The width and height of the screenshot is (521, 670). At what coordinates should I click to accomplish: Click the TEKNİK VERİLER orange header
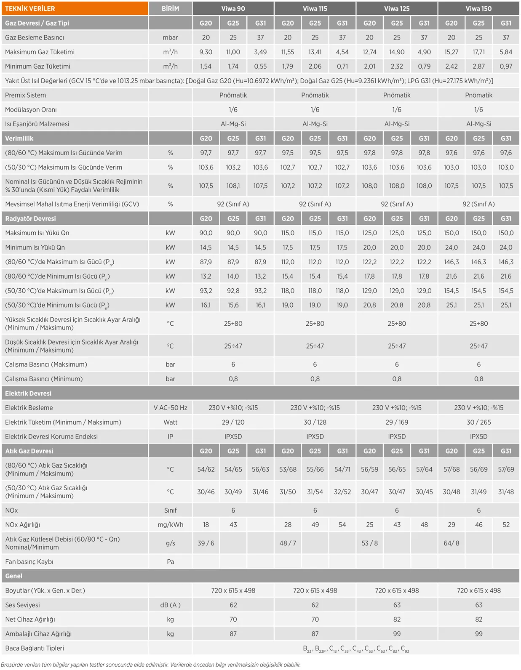tap(30, 8)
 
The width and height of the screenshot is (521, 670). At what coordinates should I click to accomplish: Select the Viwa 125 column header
tap(396, 8)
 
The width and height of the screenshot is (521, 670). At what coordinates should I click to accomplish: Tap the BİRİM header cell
tap(170, 8)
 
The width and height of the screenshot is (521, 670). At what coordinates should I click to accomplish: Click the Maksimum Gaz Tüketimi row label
tap(40, 52)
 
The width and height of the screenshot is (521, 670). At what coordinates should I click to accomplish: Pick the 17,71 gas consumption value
tap(478, 52)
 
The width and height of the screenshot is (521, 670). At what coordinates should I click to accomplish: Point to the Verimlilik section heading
tap(19, 138)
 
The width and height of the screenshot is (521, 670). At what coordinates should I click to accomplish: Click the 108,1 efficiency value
tap(233, 186)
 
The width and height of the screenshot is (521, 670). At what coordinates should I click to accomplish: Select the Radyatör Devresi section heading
tap(30, 219)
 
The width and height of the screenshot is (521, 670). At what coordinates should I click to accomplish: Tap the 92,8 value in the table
tap(233, 291)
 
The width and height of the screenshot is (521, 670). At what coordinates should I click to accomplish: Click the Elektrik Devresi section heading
tap(28, 393)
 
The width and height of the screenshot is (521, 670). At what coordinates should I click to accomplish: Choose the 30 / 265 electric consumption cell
tap(478, 422)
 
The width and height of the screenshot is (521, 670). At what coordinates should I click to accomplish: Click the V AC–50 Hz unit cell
tap(170, 408)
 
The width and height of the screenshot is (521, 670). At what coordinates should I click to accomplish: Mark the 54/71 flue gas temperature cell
tap(342, 469)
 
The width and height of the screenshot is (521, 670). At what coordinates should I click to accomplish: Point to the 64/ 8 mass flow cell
tap(451, 543)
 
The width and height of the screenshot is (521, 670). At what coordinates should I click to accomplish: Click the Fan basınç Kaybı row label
tap(29, 562)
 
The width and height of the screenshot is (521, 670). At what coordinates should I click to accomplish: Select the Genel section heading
tap(14, 576)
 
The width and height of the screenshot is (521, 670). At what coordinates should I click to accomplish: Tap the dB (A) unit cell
tap(170, 605)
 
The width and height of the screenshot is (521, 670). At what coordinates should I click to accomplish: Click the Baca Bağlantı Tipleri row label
tap(35, 648)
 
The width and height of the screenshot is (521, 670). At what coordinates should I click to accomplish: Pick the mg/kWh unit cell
tap(170, 525)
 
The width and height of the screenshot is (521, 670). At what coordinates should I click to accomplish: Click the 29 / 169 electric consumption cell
tap(396, 422)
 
